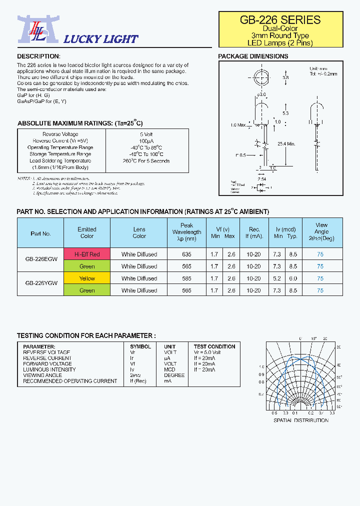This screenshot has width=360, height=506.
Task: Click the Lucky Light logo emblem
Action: [x=32, y=29]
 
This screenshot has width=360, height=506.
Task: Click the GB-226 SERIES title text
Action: [x=280, y=20]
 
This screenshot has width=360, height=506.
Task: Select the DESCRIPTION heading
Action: [x=38, y=56]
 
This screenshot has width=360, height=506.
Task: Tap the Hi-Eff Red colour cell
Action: [x=87, y=254]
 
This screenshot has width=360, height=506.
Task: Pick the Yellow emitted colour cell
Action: [x=87, y=278]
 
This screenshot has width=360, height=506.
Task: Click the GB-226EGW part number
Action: [x=41, y=260]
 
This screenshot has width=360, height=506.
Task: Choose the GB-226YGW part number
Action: [x=41, y=284]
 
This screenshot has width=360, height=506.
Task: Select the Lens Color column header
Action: [x=139, y=232]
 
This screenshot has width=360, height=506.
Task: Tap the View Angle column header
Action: [x=321, y=232]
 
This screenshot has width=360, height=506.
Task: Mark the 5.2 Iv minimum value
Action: [x=277, y=278]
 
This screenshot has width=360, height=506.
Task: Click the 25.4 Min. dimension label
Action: [x=285, y=143]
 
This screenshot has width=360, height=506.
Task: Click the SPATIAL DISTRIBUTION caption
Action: [x=300, y=420]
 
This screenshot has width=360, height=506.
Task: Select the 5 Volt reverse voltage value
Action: [x=146, y=134]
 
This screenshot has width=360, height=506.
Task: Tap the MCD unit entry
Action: [x=170, y=369]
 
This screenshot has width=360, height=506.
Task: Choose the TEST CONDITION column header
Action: [x=214, y=346]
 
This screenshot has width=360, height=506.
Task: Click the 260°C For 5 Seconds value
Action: [x=146, y=161]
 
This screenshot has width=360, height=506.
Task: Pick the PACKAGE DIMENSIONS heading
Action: [x=253, y=56]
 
